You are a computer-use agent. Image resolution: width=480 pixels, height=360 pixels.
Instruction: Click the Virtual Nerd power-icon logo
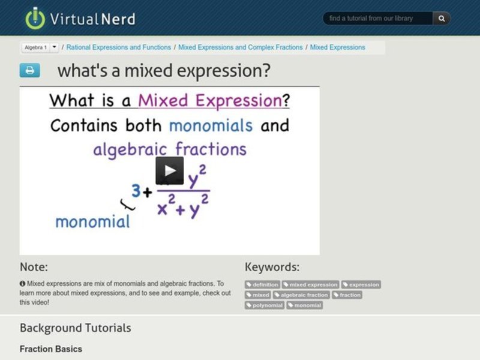pos(35,18)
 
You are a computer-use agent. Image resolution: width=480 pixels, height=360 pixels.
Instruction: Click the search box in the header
pos(378,19)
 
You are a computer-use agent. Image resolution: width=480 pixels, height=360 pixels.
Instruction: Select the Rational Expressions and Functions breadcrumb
pos(118,47)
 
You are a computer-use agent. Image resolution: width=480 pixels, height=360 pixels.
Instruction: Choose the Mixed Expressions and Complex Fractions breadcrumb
pos(240,47)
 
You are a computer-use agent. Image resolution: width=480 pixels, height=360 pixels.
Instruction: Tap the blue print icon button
pos(29,71)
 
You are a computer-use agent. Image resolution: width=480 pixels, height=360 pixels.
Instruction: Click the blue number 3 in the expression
pos(136,191)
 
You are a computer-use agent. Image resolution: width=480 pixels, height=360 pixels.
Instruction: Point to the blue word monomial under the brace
pos(92,221)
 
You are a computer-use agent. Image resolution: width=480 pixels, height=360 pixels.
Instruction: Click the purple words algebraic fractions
pos(169,149)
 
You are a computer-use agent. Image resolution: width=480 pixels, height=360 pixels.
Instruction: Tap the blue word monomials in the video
pos(211,125)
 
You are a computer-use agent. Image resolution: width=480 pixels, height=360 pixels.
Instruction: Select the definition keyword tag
pos(262,284)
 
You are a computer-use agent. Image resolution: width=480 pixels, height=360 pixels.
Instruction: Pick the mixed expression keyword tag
pos(310,284)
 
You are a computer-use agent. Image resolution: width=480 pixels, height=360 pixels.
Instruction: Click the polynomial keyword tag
pos(265,305)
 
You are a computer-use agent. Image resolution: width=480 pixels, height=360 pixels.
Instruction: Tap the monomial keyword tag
pos(305,305)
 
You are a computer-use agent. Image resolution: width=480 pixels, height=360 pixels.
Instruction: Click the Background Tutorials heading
pos(75,328)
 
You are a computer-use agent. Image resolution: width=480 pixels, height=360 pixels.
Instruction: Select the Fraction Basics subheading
pos(51,349)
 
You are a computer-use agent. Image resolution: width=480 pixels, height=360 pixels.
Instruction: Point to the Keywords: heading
pos(272,267)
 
